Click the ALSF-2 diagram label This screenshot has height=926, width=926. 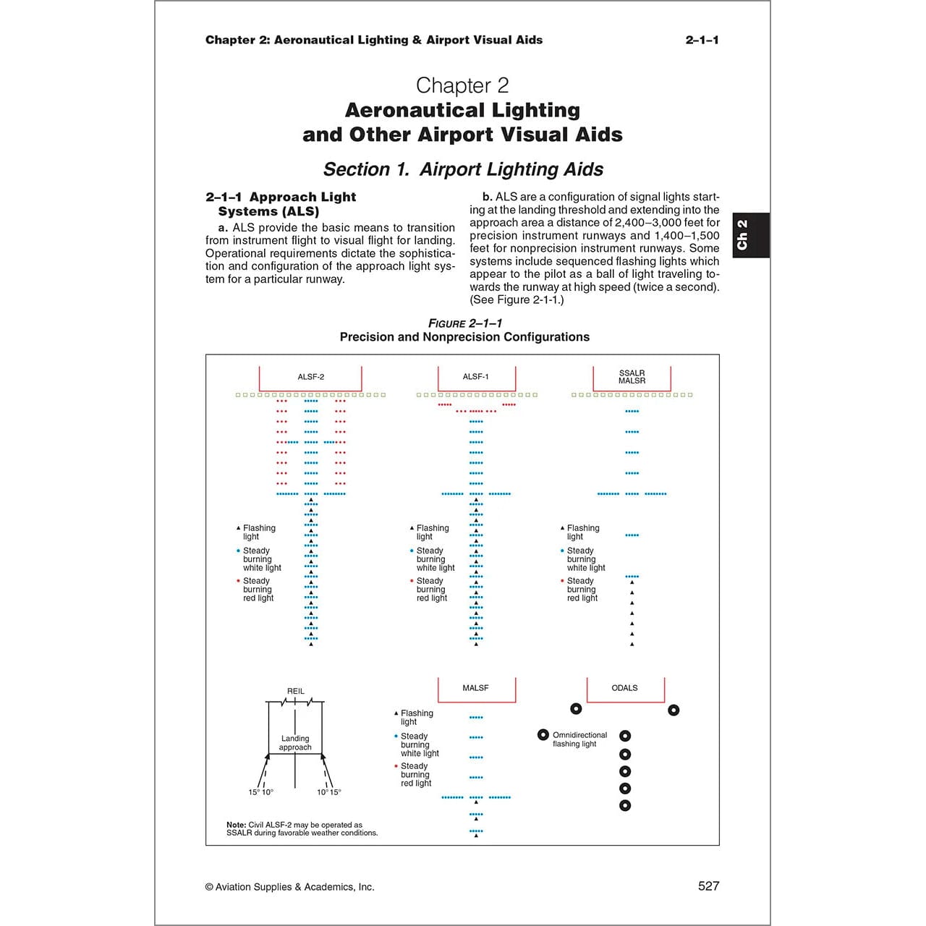click(310, 377)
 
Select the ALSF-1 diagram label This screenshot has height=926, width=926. click(475, 377)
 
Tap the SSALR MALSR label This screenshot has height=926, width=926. click(632, 377)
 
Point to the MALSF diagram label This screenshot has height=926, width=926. click(475, 688)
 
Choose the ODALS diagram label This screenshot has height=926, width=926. click(624, 688)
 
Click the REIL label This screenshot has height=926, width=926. click(295, 692)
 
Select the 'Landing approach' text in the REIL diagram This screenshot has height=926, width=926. click(295, 743)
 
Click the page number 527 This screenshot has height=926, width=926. click(708, 886)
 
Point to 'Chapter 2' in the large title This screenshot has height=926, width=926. click(462, 85)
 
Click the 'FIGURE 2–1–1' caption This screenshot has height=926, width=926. click(464, 323)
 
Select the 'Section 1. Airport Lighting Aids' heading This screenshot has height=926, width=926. click(463, 169)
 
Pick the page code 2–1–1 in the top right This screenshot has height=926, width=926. click(702, 40)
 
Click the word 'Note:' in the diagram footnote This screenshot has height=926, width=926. click(236, 825)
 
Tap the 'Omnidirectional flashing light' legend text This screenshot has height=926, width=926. click(579, 739)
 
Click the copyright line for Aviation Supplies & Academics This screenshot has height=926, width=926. click(289, 887)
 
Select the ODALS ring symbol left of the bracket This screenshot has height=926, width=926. click(576, 709)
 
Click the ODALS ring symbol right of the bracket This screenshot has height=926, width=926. click(674, 710)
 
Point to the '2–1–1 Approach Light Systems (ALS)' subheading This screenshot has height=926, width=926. click(281, 204)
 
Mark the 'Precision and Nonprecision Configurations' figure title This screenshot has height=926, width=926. click(464, 337)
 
